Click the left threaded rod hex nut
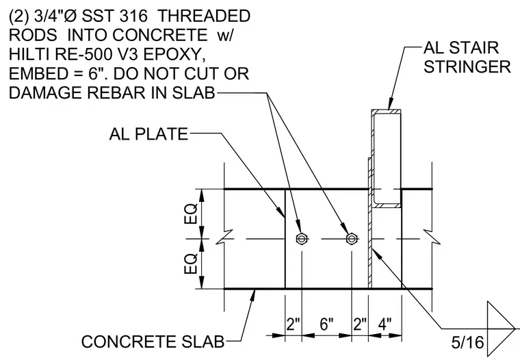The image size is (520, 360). (x=302, y=239)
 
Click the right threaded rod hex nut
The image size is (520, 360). (x=352, y=239)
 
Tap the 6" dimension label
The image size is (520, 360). (x=326, y=324)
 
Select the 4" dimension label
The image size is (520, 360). (x=385, y=324)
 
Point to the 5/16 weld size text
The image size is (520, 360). (x=467, y=342)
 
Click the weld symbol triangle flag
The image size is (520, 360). (x=500, y=329)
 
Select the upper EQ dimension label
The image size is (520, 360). (x=191, y=214)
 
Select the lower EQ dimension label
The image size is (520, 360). (x=191, y=263)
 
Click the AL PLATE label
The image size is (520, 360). (x=148, y=134)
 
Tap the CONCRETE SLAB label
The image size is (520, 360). (x=153, y=342)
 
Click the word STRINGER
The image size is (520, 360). (x=467, y=66)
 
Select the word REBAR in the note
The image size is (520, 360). (x=116, y=93)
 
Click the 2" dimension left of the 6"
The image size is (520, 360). (x=293, y=324)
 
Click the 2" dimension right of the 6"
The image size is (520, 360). (x=360, y=324)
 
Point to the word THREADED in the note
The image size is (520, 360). (x=203, y=16)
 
